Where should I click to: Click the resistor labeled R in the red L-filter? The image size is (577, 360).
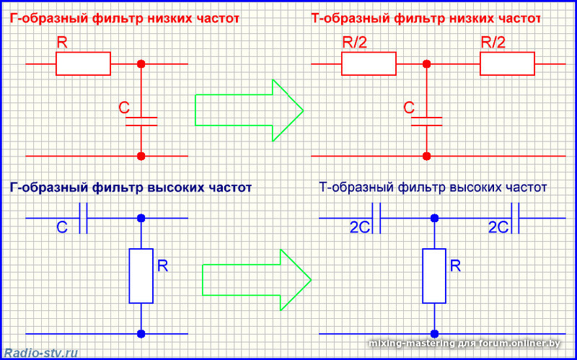(x=83, y=63)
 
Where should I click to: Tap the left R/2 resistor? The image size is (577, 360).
(x=369, y=63)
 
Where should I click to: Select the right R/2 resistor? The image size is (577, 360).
(x=507, y=63)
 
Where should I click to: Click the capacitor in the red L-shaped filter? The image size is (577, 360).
(x=141, y=120)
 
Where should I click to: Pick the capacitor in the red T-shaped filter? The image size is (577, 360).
(x=427, y=120)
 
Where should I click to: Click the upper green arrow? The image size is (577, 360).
(x=249, y=110)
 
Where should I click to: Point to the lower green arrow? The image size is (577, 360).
(x=255, y=278)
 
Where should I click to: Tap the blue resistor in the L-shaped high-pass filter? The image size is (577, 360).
(x=141, y=276)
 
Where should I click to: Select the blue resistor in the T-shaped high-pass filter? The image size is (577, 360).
(x=433, y=276)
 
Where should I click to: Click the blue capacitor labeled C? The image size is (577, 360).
(x=83, y=218)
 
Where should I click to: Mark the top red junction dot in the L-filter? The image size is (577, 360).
(x=141, y=64)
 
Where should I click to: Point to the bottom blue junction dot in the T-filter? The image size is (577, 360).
(x=433, y=333)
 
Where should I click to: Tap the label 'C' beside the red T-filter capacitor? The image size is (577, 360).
(x=409, y=108)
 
